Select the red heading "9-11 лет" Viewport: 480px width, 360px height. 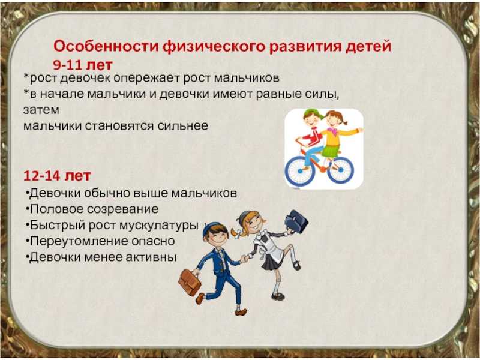(x=83, y=65)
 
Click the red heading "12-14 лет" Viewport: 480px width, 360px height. (x=58, y=175)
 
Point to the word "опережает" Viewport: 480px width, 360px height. (x=146, y=79)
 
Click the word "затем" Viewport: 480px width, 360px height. (x=41, y=110)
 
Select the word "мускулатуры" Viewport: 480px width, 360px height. (x=158, y=226)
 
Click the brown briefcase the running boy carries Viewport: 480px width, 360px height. (x=190, y=282)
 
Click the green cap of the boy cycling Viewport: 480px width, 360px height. (x=313, y=113)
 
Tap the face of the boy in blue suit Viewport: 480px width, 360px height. (x=218, y=238)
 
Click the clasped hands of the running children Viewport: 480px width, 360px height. (x=244, y=259)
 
